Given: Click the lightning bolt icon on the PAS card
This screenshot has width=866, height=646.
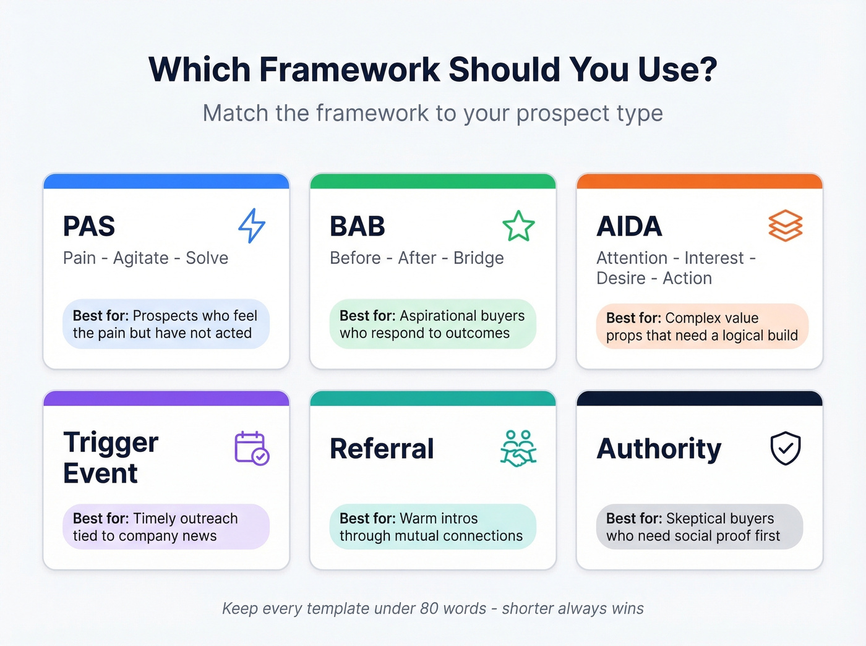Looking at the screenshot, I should [252, 226].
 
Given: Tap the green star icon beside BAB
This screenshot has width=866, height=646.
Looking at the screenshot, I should [518, 226].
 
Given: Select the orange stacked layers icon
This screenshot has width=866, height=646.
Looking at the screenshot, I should [785, 226].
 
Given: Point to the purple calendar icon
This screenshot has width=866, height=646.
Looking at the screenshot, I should [252, 448].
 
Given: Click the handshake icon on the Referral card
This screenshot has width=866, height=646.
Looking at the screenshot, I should [518, 448].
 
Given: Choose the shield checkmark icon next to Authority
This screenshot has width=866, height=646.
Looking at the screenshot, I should [785, 448].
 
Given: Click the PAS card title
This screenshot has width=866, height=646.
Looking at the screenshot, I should [89, 226].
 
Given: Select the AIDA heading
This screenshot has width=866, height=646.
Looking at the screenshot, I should [629, 226].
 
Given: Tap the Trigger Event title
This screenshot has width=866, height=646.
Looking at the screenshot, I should [111, 457].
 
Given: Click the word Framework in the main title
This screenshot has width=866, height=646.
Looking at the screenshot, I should [350, 69].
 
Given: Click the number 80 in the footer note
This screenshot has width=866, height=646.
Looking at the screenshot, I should [429, 608].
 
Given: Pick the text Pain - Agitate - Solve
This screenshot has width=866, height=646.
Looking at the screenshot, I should [145, 258].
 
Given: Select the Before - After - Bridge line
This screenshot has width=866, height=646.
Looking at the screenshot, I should [416, 258].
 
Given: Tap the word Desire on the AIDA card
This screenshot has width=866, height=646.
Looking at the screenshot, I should [620, 278].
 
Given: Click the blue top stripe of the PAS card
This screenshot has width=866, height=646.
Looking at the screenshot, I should [166, 181].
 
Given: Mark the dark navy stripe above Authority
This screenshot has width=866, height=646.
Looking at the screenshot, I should [700, 399].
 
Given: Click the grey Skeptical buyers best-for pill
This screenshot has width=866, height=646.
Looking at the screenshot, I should [700, 527].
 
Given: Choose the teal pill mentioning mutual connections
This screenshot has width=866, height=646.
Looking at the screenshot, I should [432, 527].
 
